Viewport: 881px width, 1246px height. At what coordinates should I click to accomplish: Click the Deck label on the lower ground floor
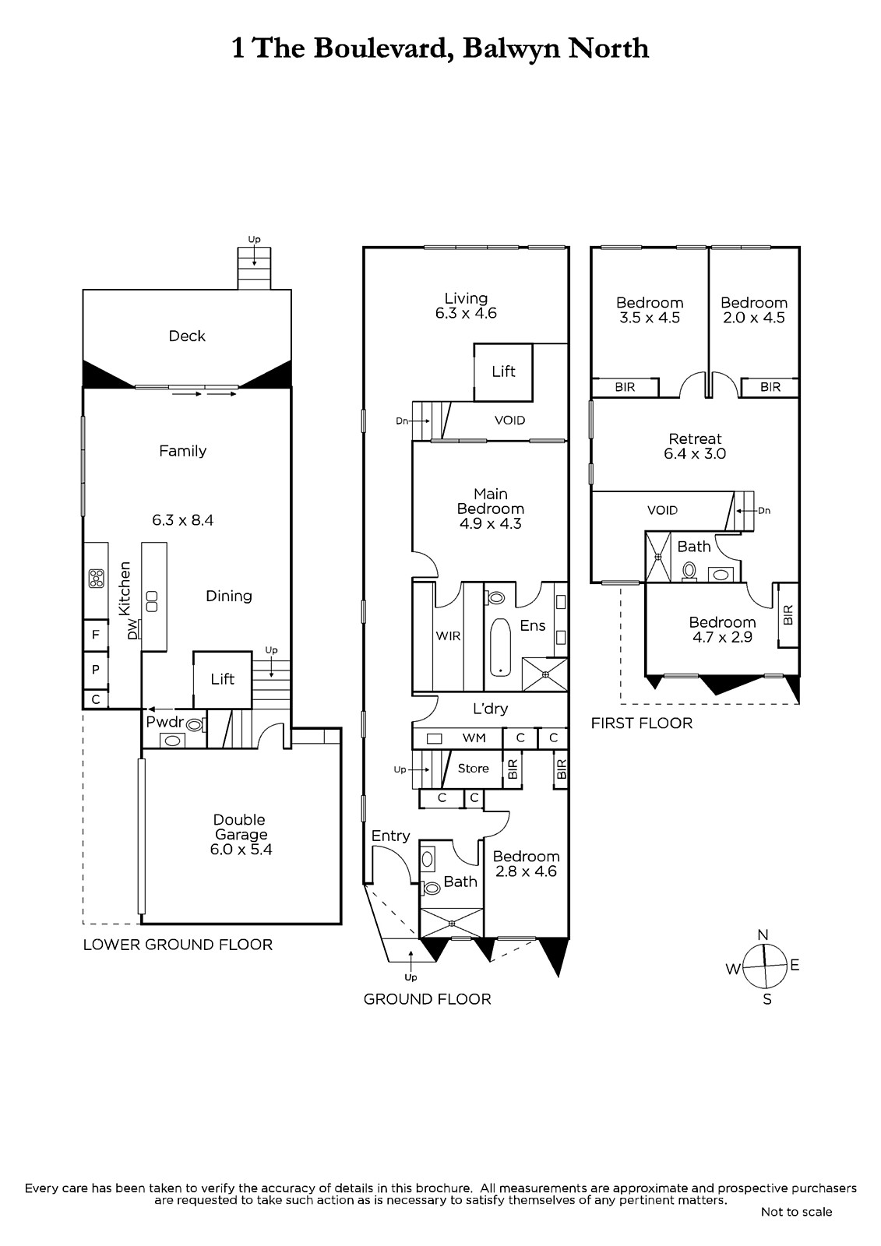point(187,336)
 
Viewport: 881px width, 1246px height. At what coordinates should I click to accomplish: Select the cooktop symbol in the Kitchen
point(97,578)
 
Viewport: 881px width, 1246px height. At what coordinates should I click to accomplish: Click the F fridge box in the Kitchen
point(96,635)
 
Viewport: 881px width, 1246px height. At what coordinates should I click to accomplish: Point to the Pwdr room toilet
point(196,725)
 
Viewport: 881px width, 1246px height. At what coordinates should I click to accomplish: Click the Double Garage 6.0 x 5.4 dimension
point(241,850)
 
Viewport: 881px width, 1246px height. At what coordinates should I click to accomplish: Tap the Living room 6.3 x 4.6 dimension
point(466,313)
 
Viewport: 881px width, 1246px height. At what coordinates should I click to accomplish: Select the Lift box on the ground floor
point(503,371)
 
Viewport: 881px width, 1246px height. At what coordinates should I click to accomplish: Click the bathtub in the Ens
point(500,646)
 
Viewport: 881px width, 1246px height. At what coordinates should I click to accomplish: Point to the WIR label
point(448,635)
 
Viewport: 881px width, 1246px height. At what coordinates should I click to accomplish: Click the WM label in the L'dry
point(474,738)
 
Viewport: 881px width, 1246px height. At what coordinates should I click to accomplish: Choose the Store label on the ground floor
point(473,768)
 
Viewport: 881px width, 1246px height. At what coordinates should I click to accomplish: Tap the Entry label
point(391,836)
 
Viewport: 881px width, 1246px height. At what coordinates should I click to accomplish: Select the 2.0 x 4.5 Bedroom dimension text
point(754,319)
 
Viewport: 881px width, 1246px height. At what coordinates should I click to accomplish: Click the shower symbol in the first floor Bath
point(658,556)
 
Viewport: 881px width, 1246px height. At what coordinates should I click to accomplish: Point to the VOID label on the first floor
point(662,510)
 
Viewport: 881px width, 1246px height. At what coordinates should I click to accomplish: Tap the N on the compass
point(763,935)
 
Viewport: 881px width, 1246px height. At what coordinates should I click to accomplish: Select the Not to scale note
point(796,1212)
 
